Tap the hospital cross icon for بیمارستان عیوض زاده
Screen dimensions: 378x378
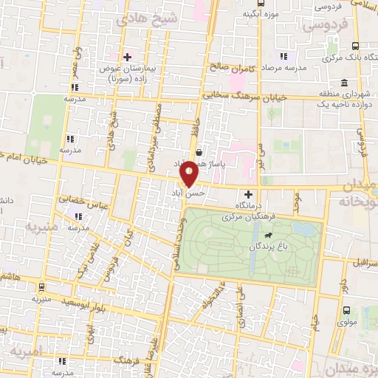(x=127, y=57)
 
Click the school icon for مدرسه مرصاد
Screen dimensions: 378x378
(x=283, y=56)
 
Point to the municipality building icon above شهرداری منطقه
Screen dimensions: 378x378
(x=345, y=83)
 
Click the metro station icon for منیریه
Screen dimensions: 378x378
(x=41, y=288)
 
